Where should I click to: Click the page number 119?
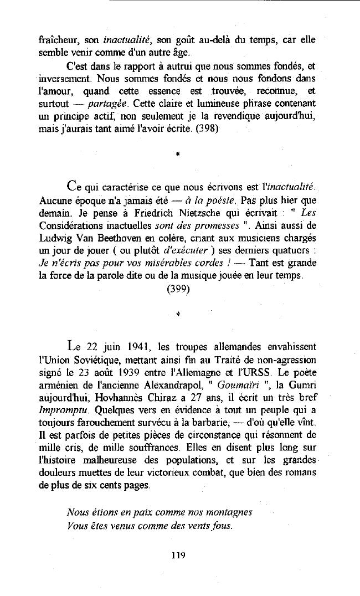[178, 554]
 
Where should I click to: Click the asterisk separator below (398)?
[177, 156]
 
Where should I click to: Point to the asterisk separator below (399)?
[177, 314]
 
